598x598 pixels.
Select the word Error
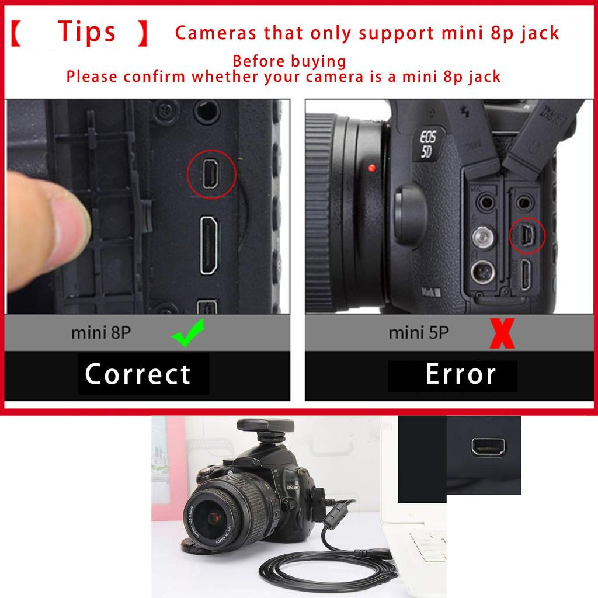pos(461,374)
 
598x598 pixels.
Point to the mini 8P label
pos(101,333)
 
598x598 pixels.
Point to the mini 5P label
pos(419,333)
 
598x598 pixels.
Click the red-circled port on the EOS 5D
pos(527,236)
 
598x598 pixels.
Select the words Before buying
pos(289,61)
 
